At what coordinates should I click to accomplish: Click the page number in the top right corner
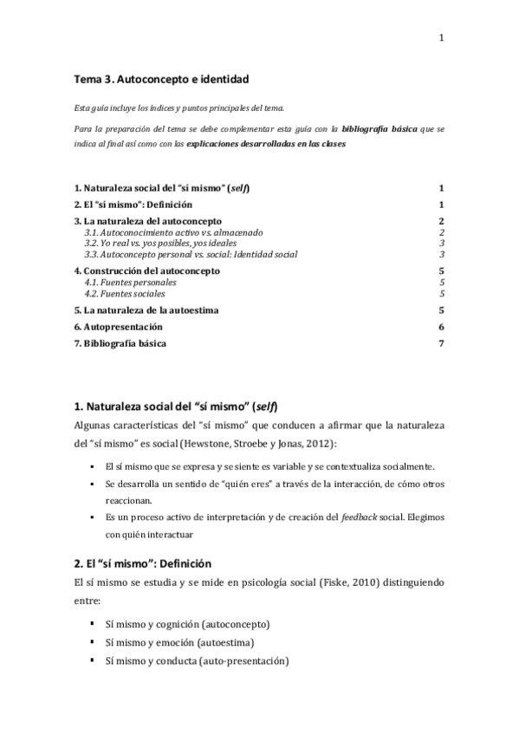tap(441, 37)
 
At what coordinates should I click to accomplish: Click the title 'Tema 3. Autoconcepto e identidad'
tap(161, 79)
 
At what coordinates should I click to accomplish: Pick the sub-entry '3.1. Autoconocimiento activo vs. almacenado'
tap(173, 233)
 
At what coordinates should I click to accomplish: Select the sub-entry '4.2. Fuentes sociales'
tap(125, 294)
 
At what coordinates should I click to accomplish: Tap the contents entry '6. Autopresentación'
tap(118, 327)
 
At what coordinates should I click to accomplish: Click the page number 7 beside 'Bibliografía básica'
tap(441, 343)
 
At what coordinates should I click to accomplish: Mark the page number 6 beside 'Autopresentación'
tap(441, 327)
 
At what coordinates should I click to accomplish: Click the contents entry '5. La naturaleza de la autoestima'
tap(146, 309)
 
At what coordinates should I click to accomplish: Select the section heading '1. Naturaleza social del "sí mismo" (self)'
tap(176, 406)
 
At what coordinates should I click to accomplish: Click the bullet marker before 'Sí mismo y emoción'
tap(92, 642)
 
